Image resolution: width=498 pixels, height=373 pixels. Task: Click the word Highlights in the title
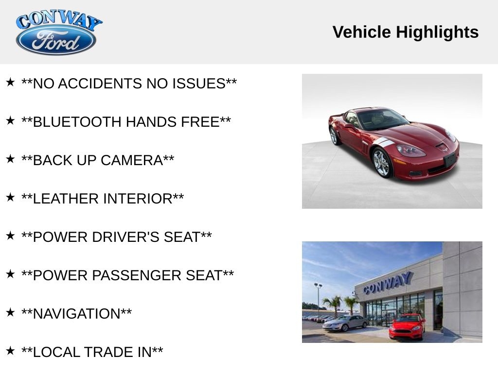point(437,33)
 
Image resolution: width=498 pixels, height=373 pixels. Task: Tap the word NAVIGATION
point(76,314)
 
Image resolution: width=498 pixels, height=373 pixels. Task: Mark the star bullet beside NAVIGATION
point(10,313)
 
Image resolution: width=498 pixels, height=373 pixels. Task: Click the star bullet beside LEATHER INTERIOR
point(10,198)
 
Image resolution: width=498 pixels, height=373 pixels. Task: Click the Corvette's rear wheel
point(334,136)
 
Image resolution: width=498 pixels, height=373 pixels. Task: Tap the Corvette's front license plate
point(450,160)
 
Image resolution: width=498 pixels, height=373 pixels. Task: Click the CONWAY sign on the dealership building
point(388,283)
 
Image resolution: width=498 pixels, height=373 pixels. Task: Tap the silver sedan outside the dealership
point(345,323)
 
